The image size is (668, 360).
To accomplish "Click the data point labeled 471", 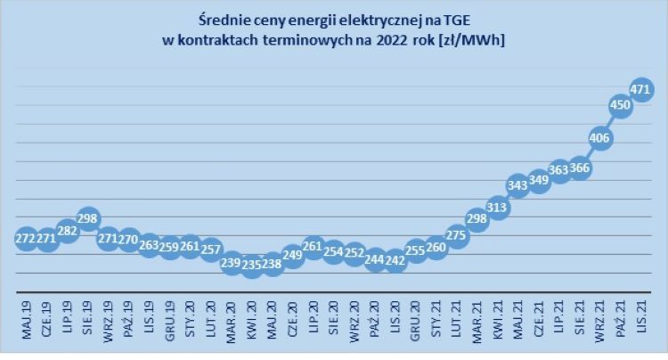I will click(x=641, y=89).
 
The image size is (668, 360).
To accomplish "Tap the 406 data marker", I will click(x=600, y=137).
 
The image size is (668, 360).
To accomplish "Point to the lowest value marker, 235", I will click(x=252, y=264).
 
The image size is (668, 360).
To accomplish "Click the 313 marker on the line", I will click(x=498, y=209).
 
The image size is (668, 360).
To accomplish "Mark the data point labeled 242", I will click(x=395, y=261).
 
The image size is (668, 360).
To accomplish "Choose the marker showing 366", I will click(x=580, y=168).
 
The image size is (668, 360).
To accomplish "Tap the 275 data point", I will click(x=457, y=235).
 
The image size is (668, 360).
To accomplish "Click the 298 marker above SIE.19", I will click(x=88, y=218).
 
